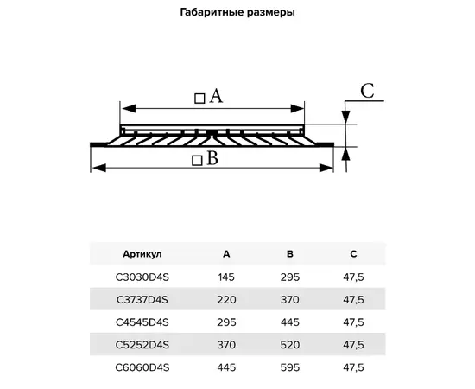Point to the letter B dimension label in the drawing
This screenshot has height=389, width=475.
[212, 158]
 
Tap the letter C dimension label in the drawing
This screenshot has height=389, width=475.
[366, 91]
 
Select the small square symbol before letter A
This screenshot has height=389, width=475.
[199, 99]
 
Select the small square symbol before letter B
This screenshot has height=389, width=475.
[197, 160]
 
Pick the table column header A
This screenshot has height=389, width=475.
[226, 254]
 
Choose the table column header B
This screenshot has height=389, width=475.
[290, 254]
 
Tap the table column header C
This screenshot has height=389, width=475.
[353, 254]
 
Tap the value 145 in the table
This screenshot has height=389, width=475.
[226, 277]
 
